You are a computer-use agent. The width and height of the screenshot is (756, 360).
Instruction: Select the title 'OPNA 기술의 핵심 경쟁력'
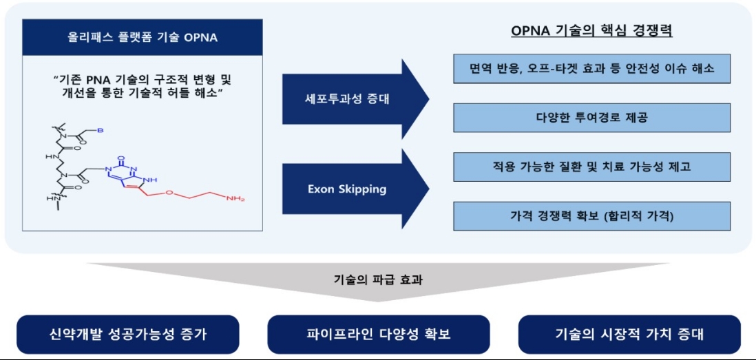click(x=591, y=31)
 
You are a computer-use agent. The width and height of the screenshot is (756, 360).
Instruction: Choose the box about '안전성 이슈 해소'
click(x=591, y=69)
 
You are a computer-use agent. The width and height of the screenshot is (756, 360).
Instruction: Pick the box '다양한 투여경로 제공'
click(x=591, y=118)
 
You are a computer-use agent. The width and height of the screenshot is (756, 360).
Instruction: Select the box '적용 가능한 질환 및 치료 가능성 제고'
click(x=591, y=167)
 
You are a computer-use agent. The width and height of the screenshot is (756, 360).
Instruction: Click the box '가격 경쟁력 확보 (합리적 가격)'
click(x=591, y=215)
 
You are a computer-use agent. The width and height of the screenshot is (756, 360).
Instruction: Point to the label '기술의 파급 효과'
click(x=377, y=279)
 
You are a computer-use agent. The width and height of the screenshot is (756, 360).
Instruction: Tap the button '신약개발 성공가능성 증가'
click(x=128, y=335)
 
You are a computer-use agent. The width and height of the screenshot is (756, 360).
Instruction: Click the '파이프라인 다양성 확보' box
click(x=378, y=335)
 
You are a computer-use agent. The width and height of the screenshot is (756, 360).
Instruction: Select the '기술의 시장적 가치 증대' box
click(x=629, y=335)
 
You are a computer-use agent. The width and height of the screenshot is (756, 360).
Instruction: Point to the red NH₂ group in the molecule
click(x=235, y=200)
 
